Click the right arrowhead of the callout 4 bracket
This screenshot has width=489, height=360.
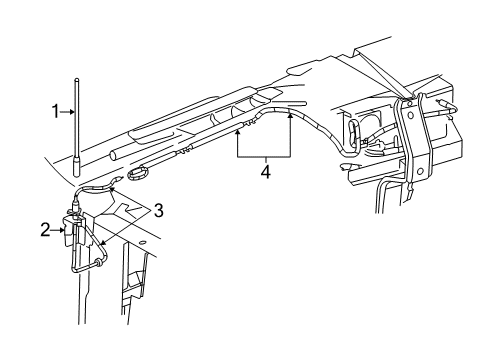291,116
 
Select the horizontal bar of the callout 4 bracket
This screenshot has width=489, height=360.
263,157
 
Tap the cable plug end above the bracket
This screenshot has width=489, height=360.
76,208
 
